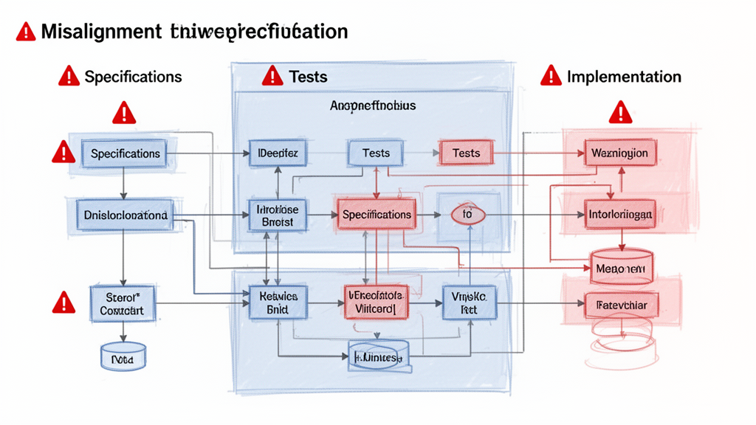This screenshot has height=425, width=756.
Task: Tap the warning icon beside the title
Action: [25, 32]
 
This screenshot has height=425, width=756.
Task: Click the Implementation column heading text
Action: [624, 76]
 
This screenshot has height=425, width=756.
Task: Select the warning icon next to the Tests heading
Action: [272, 75]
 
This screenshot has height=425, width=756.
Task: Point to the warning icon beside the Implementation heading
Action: [550, 75]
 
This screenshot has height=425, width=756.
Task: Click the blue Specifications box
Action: [125, 153]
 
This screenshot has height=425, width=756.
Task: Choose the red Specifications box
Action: [377, 215]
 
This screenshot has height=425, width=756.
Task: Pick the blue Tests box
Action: [376, 153]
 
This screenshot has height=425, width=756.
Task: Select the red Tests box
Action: [466, 153]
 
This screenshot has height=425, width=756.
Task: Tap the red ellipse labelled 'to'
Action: [467, 215]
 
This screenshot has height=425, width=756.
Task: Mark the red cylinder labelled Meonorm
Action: [621, 269]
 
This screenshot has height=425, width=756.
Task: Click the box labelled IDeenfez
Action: [278, 153]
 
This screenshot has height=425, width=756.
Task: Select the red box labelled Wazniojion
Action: [620, 153]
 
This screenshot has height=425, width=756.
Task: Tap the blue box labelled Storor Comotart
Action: [122, 303]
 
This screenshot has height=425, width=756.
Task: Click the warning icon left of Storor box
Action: [64, 303]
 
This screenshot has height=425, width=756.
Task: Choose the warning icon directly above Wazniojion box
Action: [620, 113]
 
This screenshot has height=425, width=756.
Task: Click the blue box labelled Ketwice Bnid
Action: [278, 303]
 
